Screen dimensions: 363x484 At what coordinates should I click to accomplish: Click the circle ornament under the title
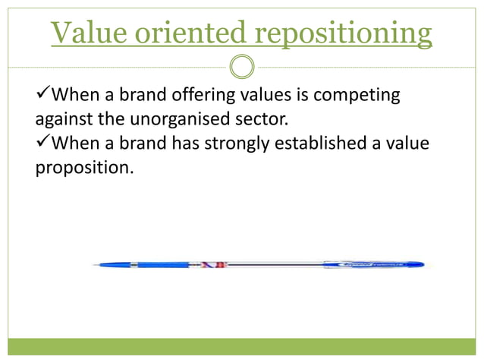click(242, 68)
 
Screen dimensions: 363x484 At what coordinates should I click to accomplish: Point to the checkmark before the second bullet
click(42, 142)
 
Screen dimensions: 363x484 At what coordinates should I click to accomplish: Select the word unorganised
click(181, 119)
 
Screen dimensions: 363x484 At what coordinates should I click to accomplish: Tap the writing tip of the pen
click(96, 265)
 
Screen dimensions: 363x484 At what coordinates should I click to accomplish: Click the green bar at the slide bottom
click(242, 346)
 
